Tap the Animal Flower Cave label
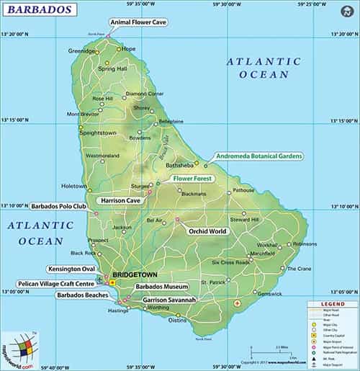[x=139, y=22]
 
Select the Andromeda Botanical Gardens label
[x=255, y=156]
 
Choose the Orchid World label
[x=207, y=231]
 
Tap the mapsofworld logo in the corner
[x=19, y=350]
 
